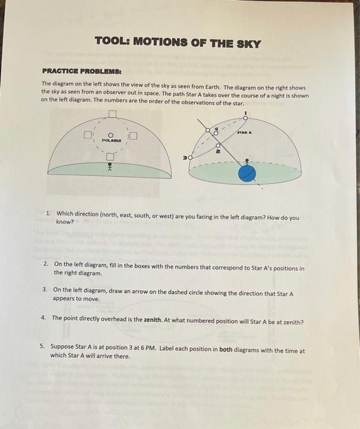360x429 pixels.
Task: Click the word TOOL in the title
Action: (x=111, y=44)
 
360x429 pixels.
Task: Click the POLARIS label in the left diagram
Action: (x=111, y=140)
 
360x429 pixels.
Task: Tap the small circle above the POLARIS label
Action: (x=111, y=135)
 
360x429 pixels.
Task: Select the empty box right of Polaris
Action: (x=133, y=135)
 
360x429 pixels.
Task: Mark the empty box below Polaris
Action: (x=111, y=157)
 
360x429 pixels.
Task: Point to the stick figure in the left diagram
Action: (x=110, y=167)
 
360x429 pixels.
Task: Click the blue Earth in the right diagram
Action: (x=247, y=173)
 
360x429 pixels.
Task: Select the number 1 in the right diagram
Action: (x=245, y=112)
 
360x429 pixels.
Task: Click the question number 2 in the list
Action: (x=45, y=268)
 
